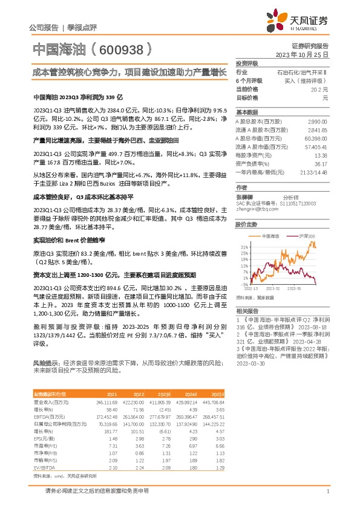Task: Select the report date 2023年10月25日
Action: (303, 54)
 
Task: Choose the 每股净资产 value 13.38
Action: (320, 155)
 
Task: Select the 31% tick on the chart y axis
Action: (243, 247)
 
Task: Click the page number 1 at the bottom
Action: (327, 492)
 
